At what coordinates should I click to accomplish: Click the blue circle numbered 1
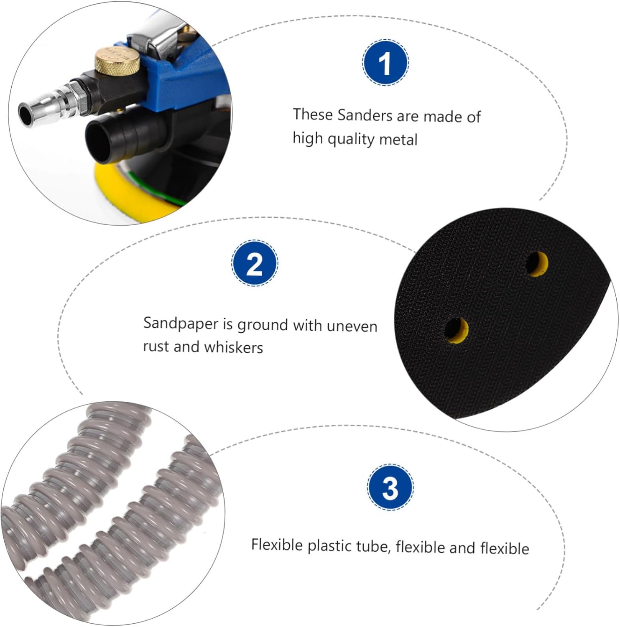385,63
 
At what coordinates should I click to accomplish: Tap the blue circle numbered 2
255,263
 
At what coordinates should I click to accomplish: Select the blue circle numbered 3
390,487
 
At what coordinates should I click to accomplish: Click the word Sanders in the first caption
365,115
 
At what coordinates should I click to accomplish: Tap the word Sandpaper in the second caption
181,324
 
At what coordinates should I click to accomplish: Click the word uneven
352,326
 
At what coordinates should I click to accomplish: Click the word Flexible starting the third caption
277,545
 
